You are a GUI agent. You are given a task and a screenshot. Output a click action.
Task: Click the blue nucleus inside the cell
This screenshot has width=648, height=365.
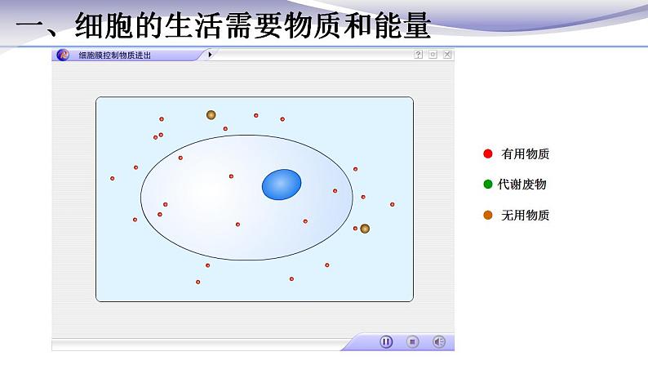[x=282, y=185]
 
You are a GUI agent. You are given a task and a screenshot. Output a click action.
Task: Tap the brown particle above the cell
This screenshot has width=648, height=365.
[x=211, y=115]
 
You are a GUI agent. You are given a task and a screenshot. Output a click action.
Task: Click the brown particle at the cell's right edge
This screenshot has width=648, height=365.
[x=365, y=229]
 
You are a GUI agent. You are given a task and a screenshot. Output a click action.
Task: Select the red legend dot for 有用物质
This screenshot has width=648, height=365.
[x=488, y=154]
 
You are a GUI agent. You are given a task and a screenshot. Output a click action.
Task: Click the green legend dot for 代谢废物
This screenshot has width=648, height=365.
[x=488, y=185]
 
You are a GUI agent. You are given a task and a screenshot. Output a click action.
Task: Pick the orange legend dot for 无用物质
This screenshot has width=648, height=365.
[x=488, y=216]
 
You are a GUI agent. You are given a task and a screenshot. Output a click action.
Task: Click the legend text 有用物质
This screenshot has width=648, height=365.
[x=526, y=154]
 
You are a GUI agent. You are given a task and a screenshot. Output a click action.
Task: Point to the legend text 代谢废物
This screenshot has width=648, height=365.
[x=522, y=185]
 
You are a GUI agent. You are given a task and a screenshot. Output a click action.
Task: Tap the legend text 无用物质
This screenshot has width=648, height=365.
[x=526, y=216]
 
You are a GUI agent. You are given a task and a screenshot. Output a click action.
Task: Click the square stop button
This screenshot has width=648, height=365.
[x=413, y=342]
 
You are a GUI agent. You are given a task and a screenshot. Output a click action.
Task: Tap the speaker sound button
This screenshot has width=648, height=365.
[x=439, y=342]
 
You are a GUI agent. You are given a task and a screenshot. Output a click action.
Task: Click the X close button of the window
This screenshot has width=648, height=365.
[x=447, y=55]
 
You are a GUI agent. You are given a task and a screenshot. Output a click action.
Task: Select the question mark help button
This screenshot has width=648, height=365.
[x=419, y=55]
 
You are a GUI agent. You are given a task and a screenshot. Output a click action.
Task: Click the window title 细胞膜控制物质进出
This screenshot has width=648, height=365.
[x=115, y=56]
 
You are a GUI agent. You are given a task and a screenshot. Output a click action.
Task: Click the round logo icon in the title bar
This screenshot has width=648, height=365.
[x=63, y=55]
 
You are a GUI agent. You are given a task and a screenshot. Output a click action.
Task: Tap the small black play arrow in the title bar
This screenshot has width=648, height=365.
[x=210, y=55]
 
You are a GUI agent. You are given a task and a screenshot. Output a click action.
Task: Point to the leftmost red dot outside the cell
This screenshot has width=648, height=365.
[x=113, y=178]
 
